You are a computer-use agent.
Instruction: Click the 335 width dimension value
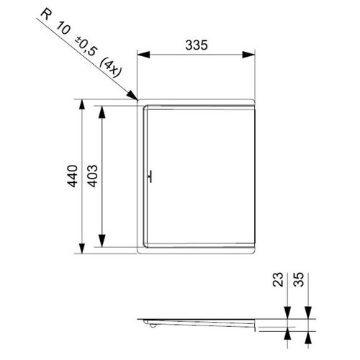(x=197, y=45)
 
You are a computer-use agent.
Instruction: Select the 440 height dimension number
(x=71, y=176)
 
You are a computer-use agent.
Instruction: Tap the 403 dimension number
(x=92, y=176)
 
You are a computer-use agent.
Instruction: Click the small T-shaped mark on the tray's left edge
(x=150, y=177)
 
